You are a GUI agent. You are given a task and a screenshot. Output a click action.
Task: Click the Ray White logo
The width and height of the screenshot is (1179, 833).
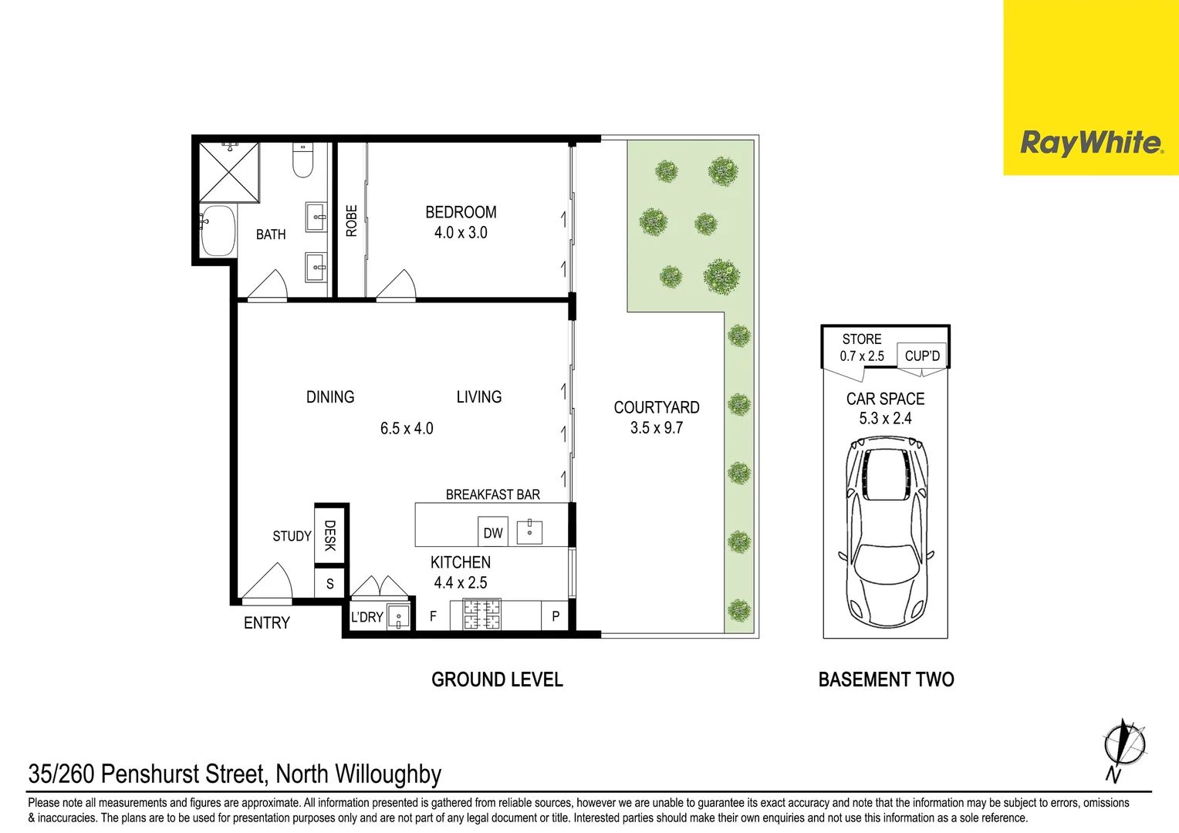click(1090, 143)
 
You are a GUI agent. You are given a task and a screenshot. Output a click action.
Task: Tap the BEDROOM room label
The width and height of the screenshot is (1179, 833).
click(461, 212)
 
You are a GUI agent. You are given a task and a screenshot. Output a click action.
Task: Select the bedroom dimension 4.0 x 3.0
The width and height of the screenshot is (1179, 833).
click(461, 233)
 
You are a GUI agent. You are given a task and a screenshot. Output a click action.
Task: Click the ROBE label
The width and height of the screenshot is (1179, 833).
click(352, 221)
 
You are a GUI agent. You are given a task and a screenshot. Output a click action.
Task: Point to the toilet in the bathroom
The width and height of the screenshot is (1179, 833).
click(302, 160)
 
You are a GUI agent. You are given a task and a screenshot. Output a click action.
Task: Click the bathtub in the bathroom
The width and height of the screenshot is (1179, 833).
click(218, 231)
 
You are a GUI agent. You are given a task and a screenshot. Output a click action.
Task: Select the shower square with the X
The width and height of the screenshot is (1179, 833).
click(229, 172)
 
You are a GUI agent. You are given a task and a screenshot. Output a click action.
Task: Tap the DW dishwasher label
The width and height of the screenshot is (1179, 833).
click(492, 533)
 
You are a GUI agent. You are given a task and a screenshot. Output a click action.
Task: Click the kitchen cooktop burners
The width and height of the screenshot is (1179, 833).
click(481, 615)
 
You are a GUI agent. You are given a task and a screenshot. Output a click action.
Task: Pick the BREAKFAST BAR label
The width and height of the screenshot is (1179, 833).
click(492, 494)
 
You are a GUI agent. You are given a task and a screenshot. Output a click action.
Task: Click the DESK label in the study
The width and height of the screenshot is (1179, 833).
click(330, 535)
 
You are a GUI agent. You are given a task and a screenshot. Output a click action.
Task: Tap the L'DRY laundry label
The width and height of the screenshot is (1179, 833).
click(367, 617)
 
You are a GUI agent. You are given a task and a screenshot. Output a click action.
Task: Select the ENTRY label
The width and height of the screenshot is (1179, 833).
click(266, 623)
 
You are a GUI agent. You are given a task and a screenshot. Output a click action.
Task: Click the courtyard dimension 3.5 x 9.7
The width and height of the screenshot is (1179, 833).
click(656, 428)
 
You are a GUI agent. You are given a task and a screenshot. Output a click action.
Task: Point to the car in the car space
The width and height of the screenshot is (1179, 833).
click(886, 532)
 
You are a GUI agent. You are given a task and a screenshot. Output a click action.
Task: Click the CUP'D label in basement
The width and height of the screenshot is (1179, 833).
click(922, 356)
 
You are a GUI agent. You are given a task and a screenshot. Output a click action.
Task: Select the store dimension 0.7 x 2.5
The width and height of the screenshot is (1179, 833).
click(862, 356)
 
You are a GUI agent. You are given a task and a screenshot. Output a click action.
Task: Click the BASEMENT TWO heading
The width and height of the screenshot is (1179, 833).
click(886, 680)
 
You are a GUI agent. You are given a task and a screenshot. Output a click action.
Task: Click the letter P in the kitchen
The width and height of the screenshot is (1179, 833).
click(555, 616)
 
